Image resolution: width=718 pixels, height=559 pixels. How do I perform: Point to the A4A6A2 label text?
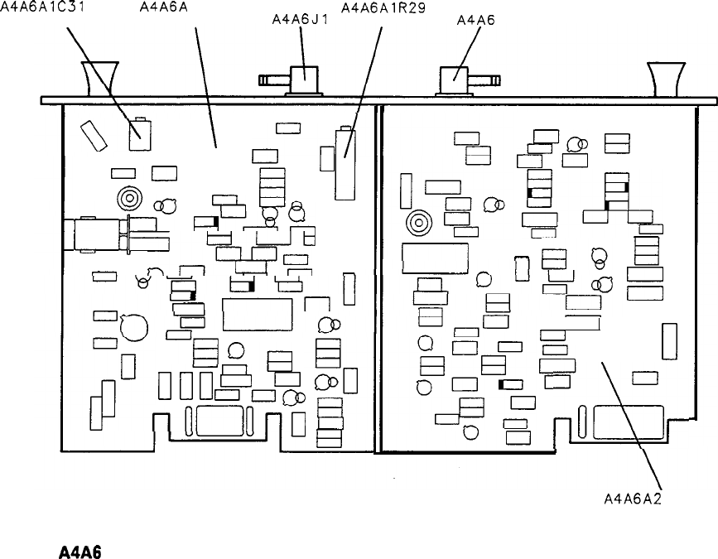point(636,499)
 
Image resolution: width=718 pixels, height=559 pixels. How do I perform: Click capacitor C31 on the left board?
point(140,134)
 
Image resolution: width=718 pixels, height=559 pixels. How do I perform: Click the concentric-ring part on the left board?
point(129,199)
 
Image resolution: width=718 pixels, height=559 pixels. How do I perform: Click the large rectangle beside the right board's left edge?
point(435,258)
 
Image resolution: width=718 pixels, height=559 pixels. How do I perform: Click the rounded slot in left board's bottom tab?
point(220,422)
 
